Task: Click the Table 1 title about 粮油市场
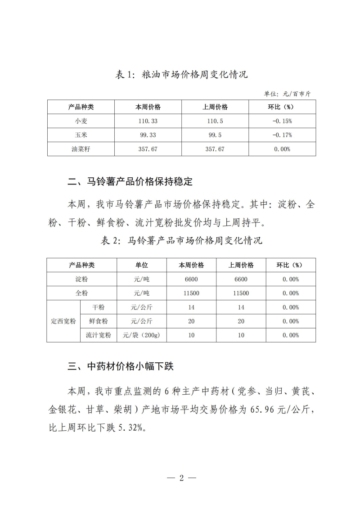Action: pos(181,75)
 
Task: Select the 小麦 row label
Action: pos(81,121)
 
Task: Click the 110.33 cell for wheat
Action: pos(148,121)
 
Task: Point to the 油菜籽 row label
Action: pos(81,149)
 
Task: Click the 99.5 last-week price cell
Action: pos(215,135)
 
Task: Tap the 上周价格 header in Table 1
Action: pos(215,107)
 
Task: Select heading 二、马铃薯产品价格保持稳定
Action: pos(130,182)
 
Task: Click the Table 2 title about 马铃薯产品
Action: pos(181,240)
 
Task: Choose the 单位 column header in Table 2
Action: pos(142,265)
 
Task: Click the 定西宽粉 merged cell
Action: pos(63,321)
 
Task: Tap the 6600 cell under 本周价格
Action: pos(191,279)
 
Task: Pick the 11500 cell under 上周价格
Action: pos(241,293)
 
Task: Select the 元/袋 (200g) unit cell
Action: pos(142,335)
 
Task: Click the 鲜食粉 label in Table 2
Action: pos(99,321)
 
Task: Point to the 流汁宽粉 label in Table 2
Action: pos(99,335)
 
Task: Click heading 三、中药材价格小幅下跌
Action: pos(121,366)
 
